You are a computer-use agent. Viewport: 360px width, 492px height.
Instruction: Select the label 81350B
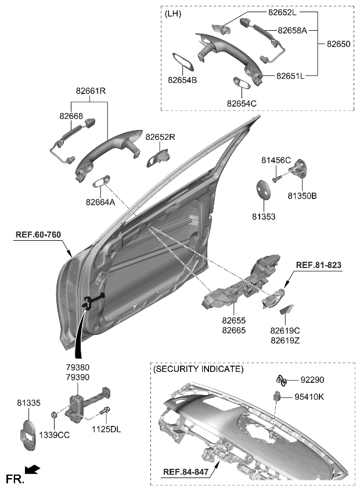303,197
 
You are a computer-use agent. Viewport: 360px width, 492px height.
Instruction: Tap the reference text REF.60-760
38,234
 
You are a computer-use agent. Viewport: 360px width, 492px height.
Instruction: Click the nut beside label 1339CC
54,415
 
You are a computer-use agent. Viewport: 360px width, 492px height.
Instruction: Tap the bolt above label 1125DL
105,413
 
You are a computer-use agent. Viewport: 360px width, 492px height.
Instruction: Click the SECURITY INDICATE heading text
198,369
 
